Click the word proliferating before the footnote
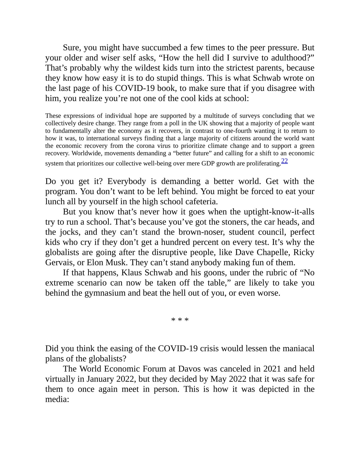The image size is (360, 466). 264,163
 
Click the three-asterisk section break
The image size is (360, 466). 180,320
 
